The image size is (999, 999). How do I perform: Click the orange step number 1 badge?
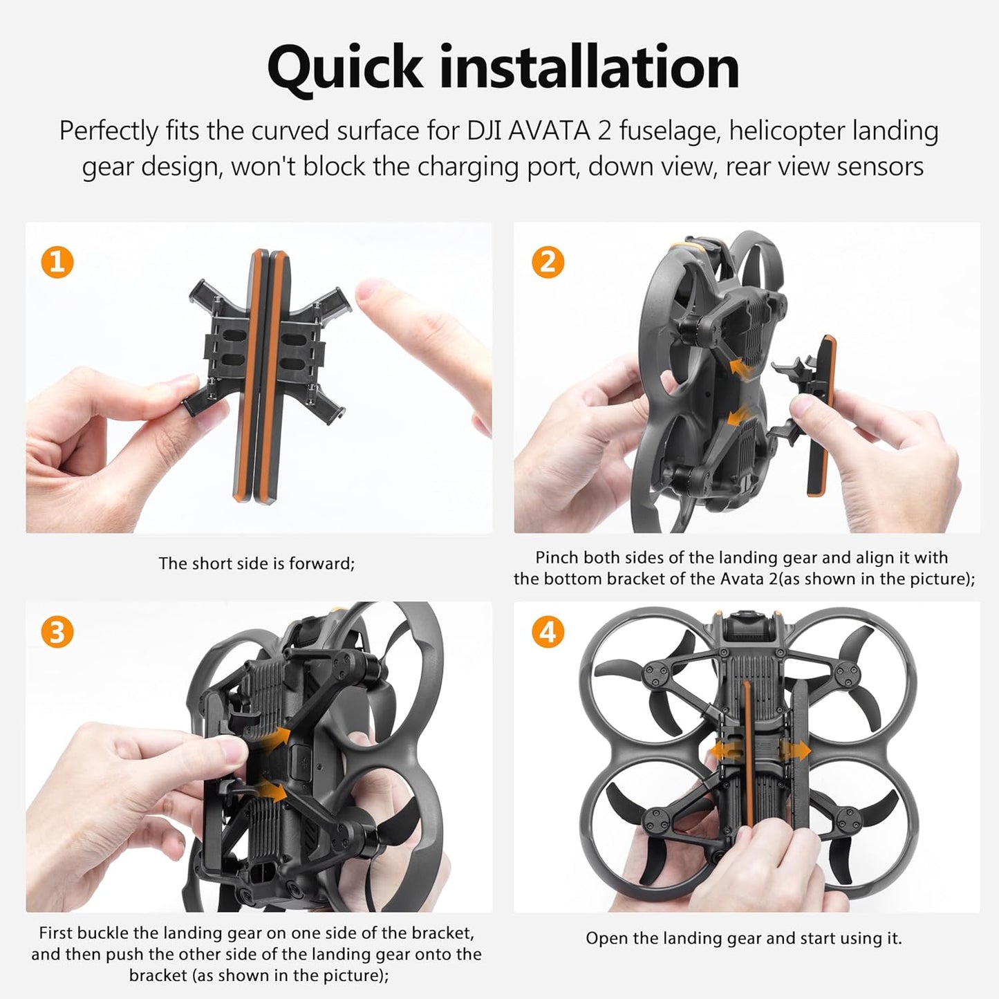[x=57, y=262]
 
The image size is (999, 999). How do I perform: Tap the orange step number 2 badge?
[x=548, y=262]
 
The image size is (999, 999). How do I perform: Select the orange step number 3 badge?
[x=57, y=632]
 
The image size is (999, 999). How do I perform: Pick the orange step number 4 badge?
[x=548, y=632]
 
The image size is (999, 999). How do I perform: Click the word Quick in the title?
[x=344, y=68]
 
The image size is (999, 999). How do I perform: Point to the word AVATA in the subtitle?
[x=549, y=131]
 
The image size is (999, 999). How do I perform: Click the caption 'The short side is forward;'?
[x=256, y=563]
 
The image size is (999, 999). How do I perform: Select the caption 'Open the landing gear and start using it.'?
[x=744, y=938]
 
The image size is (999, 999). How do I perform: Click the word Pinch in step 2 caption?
[x=557, y=557]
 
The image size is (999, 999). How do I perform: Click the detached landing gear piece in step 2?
[x=819, y=415]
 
